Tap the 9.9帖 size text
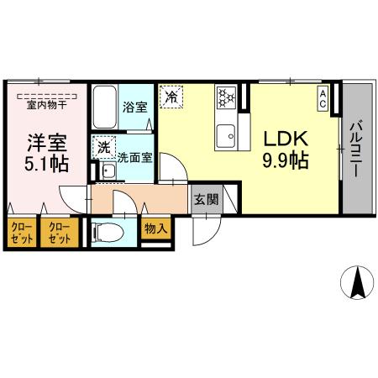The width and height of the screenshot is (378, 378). point(285,160)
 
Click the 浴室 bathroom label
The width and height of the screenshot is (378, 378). point(134,107)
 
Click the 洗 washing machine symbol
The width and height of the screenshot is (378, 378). point(102,147)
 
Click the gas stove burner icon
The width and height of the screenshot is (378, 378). point(226,97)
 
